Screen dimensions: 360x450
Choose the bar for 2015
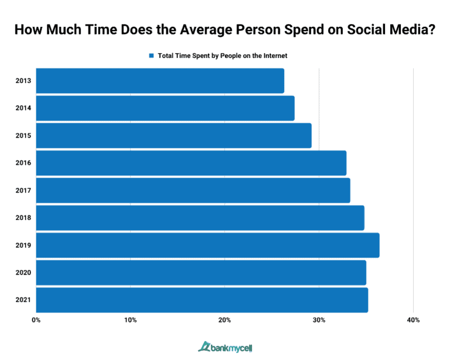point(173,135)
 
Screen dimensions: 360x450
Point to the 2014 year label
point(24,108)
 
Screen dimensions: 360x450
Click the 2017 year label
point(24,190)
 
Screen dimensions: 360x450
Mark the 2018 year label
point(24,218)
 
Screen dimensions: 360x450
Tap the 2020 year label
point(24,272)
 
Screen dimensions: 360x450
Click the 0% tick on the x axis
point(36,320)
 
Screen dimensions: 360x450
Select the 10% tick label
point(131,320)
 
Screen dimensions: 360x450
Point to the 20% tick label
point(224,320)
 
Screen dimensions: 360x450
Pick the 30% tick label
point(319,320)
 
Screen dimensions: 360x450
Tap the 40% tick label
point(412,320)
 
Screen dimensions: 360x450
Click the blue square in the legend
point(151,56)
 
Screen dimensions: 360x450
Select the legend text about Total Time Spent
point(222,56)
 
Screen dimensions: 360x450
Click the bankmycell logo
point(224,347)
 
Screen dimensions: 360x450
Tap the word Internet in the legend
point(274,56)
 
